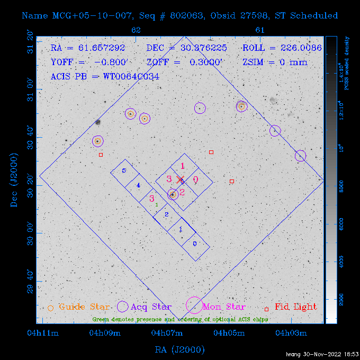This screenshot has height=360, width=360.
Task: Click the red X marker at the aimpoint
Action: (180, 179)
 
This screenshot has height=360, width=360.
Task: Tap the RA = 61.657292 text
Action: (88, 48)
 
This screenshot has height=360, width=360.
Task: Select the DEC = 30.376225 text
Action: (186, 48)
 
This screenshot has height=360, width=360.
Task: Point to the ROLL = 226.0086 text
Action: (282, 48)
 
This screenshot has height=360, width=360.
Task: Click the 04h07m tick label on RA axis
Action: (167, 332)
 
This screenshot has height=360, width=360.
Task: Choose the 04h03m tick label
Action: (292, 332)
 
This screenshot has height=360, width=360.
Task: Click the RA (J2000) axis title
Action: (179, 349)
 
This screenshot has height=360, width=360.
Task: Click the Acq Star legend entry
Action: (151, 307)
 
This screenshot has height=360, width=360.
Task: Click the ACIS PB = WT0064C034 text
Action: (105, 76)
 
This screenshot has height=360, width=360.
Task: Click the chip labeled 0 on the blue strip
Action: (195, 244)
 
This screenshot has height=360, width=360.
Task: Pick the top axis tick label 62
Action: (136, 30)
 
